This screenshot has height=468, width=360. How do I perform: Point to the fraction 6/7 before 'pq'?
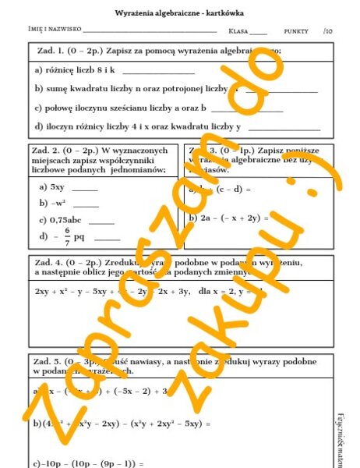(x=68, y=236)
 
